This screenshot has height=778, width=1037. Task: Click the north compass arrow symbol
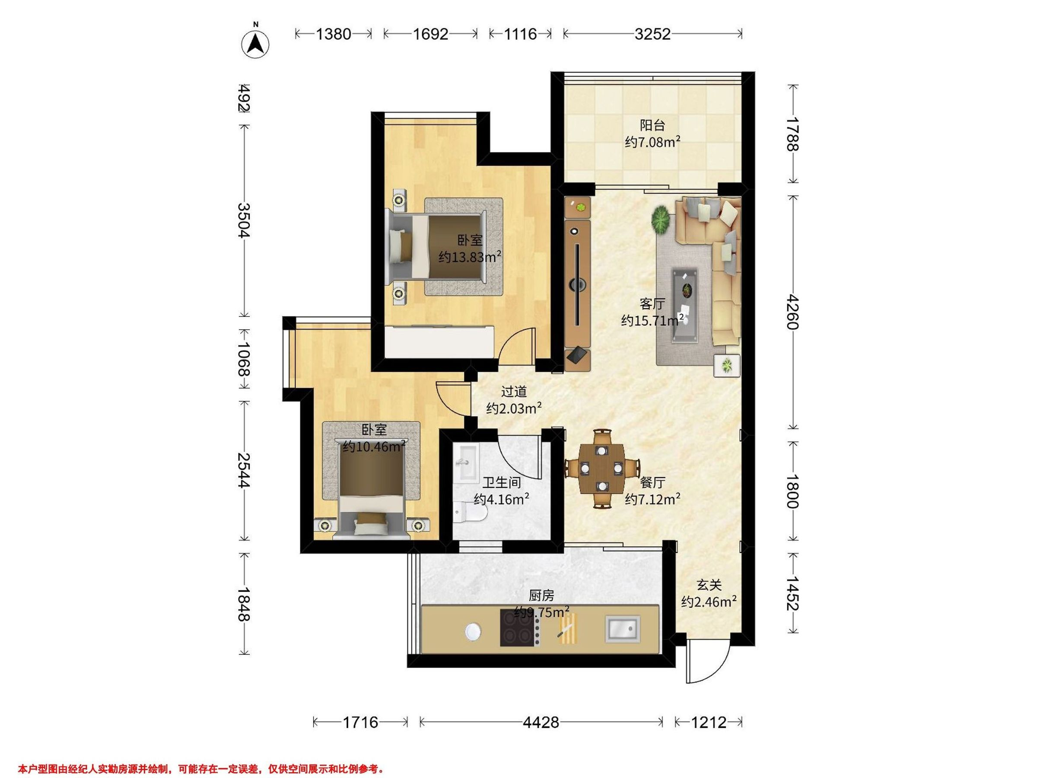pos(255,43)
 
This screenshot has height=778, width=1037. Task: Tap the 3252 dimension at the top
pos(652,34)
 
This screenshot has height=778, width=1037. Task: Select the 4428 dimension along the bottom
pos(541,722)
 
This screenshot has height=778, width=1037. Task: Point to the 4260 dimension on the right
pos(792,312)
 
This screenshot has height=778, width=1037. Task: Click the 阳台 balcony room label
pos(652,125)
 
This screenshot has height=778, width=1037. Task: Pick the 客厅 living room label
pos(652,304)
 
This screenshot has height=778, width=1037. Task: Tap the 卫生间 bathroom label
pos(502,482)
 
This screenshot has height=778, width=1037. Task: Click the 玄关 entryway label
pos(708,585)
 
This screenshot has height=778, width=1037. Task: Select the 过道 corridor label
pos(514,391)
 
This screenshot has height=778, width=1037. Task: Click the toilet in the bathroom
pos(471,513)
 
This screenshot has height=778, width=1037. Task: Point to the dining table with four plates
pos(601,469)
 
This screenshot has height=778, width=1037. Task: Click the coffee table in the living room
pos(685,306)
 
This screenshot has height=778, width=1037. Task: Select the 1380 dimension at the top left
pos(333,34)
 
